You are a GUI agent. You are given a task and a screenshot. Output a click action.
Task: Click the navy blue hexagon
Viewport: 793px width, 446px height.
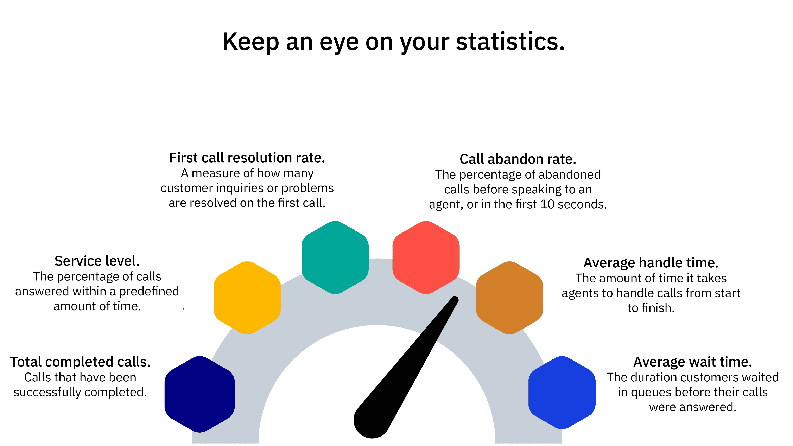[199, 394]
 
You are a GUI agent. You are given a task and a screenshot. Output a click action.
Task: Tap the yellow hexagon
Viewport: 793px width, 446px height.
[247, 298]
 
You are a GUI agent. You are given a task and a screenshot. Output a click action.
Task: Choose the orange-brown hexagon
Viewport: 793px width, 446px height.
[509, 298]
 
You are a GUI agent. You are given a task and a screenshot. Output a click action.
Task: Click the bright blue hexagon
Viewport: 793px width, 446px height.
[562, 393]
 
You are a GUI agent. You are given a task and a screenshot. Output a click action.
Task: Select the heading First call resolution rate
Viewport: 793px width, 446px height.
[247, 158]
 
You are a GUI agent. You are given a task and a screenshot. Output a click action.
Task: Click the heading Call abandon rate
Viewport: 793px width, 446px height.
[518, 159]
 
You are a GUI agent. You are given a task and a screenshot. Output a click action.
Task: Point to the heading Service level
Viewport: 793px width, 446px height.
[97, 261]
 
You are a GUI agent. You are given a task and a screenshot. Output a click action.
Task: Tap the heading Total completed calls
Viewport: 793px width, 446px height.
[80, 362]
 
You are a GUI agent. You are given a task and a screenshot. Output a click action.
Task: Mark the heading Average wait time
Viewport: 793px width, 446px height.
[693, 362]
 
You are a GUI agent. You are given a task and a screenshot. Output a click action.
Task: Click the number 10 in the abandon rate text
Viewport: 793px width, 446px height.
[547, 204]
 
